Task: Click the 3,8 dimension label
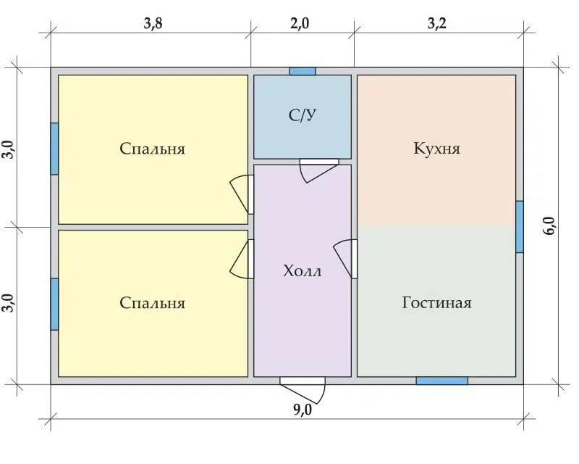(153, 24)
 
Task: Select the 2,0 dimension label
(300, 24)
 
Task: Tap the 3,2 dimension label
(437, 24)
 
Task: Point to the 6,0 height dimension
(549, 225)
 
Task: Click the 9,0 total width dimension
(303, 410)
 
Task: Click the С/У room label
(303, 115)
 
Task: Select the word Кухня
(437, 149)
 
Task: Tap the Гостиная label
(437, 302)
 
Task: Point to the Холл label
(303, 271)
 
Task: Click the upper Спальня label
(152, 149)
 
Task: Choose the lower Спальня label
(152, 303)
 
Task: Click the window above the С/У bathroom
(303, 71)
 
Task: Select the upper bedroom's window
(54, 149)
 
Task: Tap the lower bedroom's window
(54, 304)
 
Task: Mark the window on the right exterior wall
(520, 227)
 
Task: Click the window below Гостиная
(442, 381)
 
